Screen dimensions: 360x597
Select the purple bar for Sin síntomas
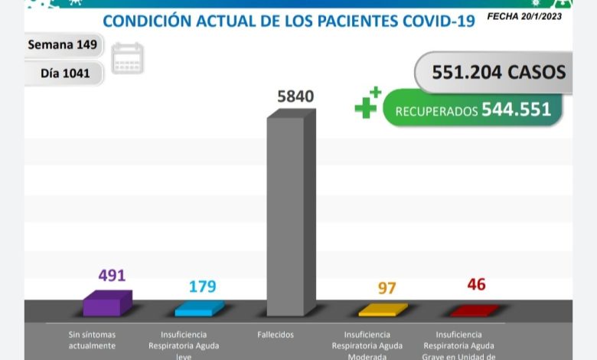pyautogui.click(x=106, y=303)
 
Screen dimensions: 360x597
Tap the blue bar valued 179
pyautogui.click(x=199, y=308)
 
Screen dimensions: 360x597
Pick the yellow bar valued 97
pyautogui.click(x=383, y=309)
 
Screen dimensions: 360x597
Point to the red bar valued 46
pyautogui.click(x=475, y=309)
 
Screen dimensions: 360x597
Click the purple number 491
pyautogui.click(x=111, y=275)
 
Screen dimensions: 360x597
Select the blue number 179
pyautogui.click(x=202, y=286)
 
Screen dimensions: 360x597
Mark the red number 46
pyautogui.click(x=476, y=285)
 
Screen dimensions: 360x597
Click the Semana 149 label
pyautogui.click(x=63, y=44)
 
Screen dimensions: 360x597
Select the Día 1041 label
pyautogui.click(x=65, y=74)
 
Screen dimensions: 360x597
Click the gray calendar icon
pyautogui.click(x=127, y=58)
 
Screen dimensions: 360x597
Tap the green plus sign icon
pyautogui.click(x=367, y=104)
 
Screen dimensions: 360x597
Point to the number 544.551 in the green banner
pyautogui.click(x=516, y=110)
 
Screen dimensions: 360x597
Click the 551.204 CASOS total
pyautogui.click(x=498, y=72)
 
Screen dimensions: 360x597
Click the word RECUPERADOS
pyautogui.click(x=436, y=112)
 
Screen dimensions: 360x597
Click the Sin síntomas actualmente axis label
pyautogui.click(x=91, y=340)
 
